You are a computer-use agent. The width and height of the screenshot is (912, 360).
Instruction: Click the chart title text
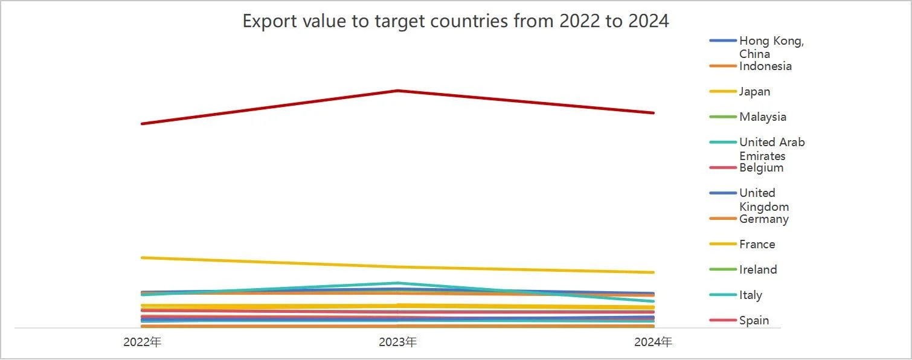pyautogui.click(x=455, y=21)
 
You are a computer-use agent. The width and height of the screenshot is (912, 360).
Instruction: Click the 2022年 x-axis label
pyautogui.click(x=142, y=342)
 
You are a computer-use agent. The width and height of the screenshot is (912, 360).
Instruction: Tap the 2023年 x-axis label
pyautogui.click(x=397, y=342)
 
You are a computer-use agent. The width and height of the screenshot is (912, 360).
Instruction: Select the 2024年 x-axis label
pyautogui.click(x=653, y=342)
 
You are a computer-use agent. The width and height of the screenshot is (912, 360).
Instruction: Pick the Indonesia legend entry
pyautogui.click(x=765, y=66)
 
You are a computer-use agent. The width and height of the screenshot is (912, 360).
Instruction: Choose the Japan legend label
pyautogui.click(x=754, y=92)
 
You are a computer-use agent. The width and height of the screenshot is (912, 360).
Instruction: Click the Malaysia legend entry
pyautogui.click(x=762, y=117)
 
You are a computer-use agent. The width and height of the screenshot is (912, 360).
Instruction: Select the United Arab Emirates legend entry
pyautogui.click(x=771, y=149)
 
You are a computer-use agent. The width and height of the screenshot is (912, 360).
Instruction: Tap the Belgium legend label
pyautogui.click(x=761, y=168)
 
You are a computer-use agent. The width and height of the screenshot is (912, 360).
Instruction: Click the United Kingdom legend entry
pyautogui.click(x=763, y=199)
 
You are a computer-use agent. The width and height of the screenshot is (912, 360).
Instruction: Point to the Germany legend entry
pyautogui.click(x=763, y=219)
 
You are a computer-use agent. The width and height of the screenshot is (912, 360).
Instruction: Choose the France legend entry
pyautogui.click(x=757, y=245)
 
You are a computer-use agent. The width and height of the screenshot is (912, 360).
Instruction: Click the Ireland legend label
pyautogui.click(x=757, y=270)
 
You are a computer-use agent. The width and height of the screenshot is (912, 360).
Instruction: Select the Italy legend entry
pyautogui.click(x=750, y=295)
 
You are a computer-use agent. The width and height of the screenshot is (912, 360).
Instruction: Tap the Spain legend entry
pyautogui.click(x=754, y=321)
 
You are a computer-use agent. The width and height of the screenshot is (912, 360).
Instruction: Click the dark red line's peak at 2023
pyautogui.click(x=397, y=91)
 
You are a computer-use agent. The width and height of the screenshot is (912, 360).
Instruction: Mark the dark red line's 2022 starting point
pyautogui.click(x=142, y=124)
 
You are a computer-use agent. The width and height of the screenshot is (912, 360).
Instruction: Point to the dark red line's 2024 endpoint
pyautogui.click(x=653, y=113)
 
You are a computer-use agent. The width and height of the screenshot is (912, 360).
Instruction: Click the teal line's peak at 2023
pyautogui.click(x=397, y=283)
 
